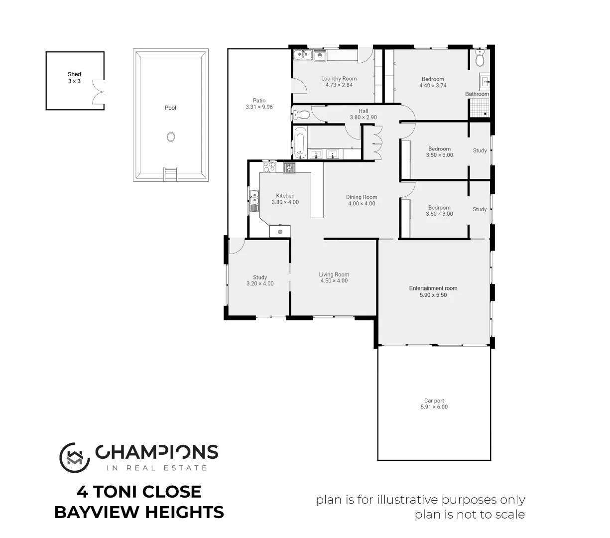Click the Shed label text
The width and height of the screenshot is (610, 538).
(x=74, y=74)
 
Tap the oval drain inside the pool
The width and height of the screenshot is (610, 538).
(x=171, y=137)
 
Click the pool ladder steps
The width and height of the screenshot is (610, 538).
(x=170, y=174)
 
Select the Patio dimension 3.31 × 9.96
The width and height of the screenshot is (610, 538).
(x=259, y=107)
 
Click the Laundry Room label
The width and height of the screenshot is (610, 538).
(x=339, y=79)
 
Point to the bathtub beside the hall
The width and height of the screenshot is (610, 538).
(x=299, y=142)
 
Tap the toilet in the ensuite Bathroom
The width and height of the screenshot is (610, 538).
(x=480, y=60)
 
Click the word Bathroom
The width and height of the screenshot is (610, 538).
(x=477, y=94)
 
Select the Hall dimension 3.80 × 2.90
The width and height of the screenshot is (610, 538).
(x=364, y=118)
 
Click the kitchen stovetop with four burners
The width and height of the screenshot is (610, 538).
(x=269, y=167)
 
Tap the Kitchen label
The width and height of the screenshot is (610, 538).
(x=285, y=196)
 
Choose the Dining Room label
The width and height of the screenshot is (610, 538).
(x=362, y=197)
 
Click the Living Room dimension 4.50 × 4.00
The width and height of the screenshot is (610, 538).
(x=334, y=281)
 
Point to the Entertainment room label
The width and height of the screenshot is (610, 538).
(x=433, y=288)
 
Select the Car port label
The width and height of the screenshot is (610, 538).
(x=434, y=401)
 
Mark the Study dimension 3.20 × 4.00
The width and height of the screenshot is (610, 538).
(x=260, y=284)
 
